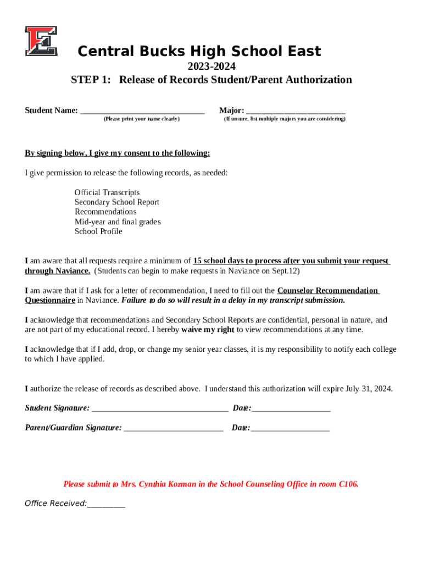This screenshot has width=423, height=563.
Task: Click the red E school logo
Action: coord(41,41)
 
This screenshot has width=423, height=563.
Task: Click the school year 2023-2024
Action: coord(211,66)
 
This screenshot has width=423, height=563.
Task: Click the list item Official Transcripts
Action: coord(107,192)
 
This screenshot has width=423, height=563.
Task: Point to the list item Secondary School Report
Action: coord(117,202)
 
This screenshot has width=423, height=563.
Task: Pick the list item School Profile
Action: coord(98,231)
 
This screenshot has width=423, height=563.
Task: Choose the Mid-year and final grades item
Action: coord(118,222)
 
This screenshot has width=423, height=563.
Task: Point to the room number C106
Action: coord(348,484)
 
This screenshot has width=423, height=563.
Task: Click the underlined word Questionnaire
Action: coord(50,300)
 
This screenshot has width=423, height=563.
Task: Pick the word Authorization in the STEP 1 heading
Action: coord(316,80)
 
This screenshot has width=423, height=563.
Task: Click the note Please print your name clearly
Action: coord(141,119)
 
